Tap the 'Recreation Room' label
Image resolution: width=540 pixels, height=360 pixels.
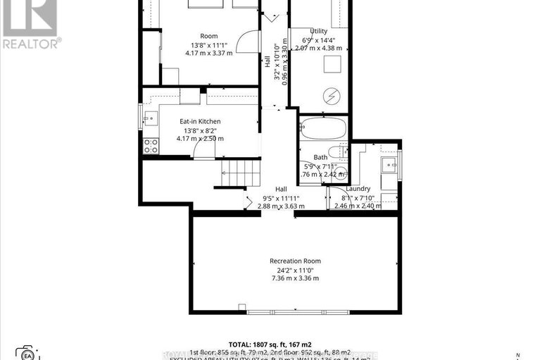[295, 261]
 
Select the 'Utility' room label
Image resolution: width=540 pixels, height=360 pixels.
[319, 30]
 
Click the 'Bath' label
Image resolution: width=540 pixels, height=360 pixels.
[320, 157]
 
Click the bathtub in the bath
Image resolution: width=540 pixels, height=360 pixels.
[323, 129]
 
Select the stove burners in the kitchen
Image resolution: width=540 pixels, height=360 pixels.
[150, 146]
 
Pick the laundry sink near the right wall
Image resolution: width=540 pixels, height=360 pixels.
[388, 165]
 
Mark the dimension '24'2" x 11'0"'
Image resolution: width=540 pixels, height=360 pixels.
[295, 270]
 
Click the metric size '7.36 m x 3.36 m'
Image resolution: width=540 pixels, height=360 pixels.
[295, 278]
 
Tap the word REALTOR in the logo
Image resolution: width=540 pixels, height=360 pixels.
[30, 42]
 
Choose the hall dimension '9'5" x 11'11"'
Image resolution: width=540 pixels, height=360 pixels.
[280, 198]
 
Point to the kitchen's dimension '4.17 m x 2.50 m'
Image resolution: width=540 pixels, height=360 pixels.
[200, 138]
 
